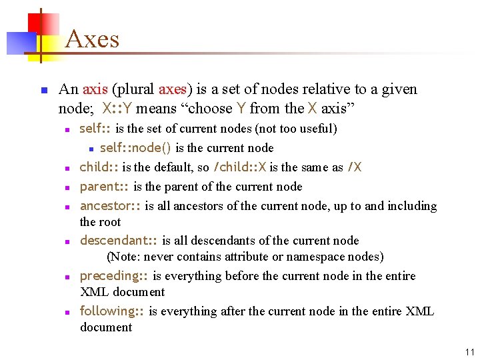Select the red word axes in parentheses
[x=172, y=89]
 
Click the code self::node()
[x=135, y=148]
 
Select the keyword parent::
[x=104, y=187]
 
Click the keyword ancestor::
[x=110, y=206]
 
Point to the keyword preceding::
[x=114, y=276]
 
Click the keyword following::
[x=112, y=311]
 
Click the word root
[x=111, y=222]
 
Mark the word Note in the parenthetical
[x=125, y=257]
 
